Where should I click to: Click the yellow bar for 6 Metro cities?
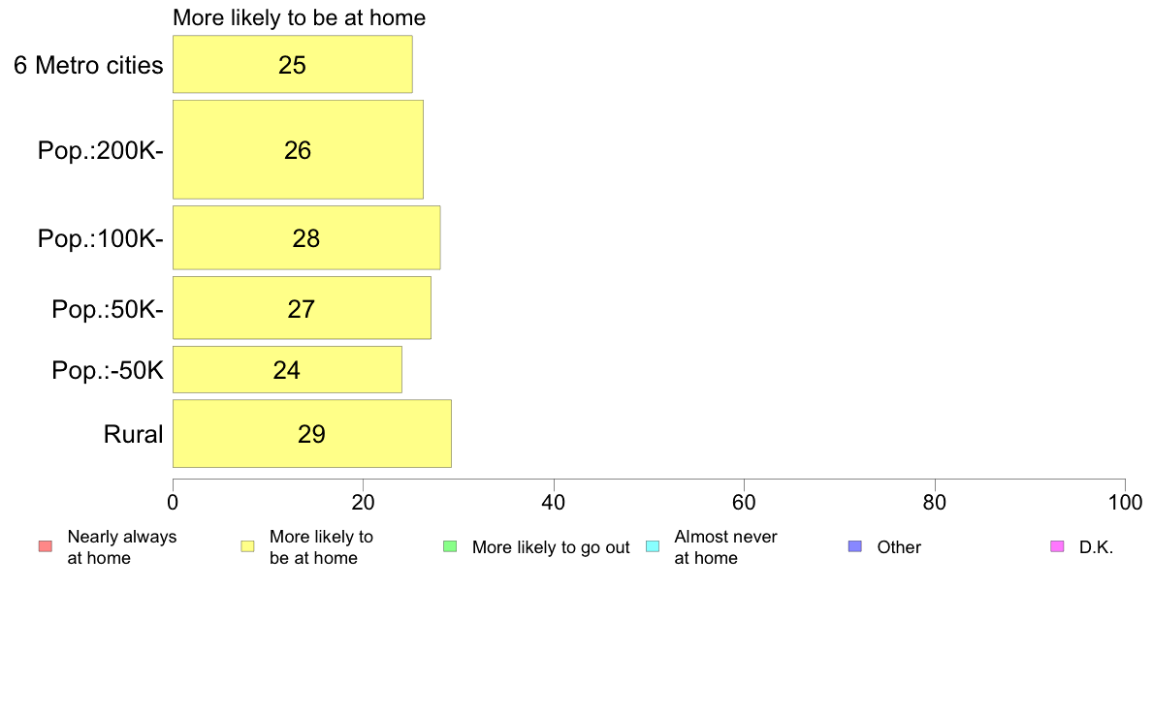[x=293, y=65]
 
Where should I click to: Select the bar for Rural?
[x=312, y=433]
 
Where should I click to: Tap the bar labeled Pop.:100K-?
[x=306, y=238]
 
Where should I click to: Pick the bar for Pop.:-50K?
[x=287, y=369]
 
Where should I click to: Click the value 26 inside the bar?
[x=298, y=150]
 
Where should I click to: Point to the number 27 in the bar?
[x=302, y=309]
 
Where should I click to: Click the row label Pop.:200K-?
[x=101, y=150]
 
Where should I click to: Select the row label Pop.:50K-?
[x=108, y=309]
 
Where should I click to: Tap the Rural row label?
[x=133, y=434]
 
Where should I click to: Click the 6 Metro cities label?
[x=88, y=65]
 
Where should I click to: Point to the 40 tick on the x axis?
[x=554, y=502]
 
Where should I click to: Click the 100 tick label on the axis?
[x=1125, y=502]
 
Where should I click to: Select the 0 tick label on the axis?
[x=173, y=502]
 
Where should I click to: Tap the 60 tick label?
[x=745, y=502]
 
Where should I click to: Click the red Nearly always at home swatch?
[x=46, y=546]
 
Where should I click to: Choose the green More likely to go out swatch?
[x=450, y=546]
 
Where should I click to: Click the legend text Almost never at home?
[x=726, y=547]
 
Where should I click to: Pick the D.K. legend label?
[x=1096, y=547]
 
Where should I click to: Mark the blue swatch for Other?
[x=855, y=546]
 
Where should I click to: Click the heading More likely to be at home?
[x=299, y=17]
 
